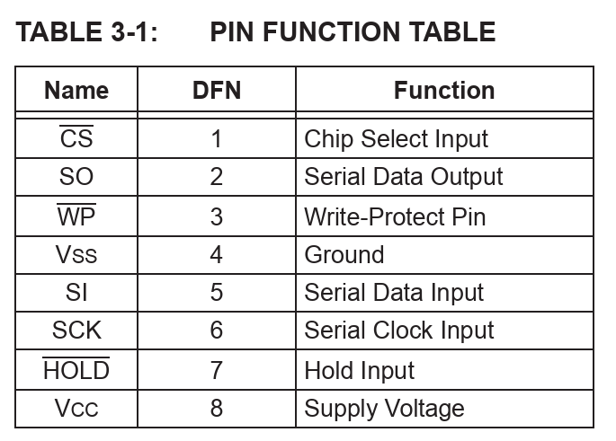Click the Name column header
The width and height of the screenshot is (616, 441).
click(x=76, y=91)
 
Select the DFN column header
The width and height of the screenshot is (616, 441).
click(x=217, y=91)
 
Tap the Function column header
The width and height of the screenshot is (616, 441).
click(x=444, y=91)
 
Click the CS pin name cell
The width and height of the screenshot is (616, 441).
click(x=76, y=137)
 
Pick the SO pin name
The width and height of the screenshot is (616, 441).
click(x=76, y=177)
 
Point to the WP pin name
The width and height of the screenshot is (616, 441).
click(x=76, y=215)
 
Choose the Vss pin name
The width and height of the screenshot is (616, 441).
click(x=76, y=254)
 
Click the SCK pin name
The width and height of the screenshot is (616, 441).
click(x=76, y=330)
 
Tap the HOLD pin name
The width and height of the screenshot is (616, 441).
click(x=76, y=369)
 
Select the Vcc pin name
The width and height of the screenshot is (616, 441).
click(x=76, y=408)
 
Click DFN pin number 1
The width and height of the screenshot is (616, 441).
click(x=217, y=139)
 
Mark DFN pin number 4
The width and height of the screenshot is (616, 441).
click(x=217, y=254)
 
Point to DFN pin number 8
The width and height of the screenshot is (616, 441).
click(x=217, y=408)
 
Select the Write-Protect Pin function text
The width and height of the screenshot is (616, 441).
click(x=395, y=217)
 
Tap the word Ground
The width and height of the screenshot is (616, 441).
click(x=344, y=255)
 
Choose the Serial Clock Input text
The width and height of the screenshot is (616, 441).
click(x=399, y=331)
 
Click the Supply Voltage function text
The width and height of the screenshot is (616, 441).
click(x=384, y=409)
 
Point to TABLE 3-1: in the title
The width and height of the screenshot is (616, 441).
click(x=86, y=31)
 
